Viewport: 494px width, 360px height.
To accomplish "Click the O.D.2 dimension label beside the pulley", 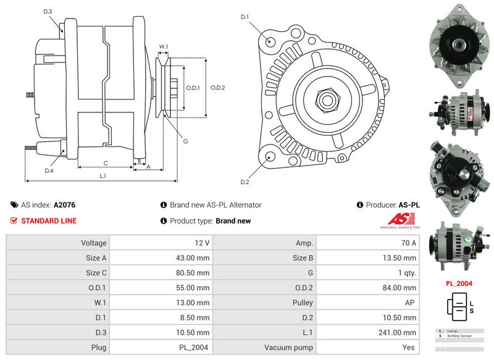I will coord(217,87).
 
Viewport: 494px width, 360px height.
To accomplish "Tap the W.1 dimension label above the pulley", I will coord(164,46).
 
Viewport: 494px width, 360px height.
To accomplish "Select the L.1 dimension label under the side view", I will coord(103,176).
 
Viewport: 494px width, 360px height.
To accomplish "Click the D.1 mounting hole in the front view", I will coord(270,41).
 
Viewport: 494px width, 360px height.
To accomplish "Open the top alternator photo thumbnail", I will coord(459,45).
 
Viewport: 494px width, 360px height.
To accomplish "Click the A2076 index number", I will coord(65,205).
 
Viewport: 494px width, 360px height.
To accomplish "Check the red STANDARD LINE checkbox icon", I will coord(14,220).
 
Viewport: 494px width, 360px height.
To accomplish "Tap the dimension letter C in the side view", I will coord(106,163).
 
